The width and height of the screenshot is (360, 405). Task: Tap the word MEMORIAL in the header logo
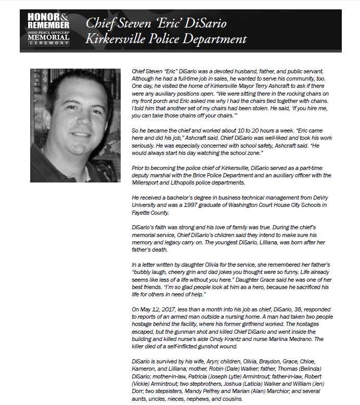pyautogui.click(x=49, y=37)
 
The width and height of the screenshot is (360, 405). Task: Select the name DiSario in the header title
pyautogui.click(x=203, y=23)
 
